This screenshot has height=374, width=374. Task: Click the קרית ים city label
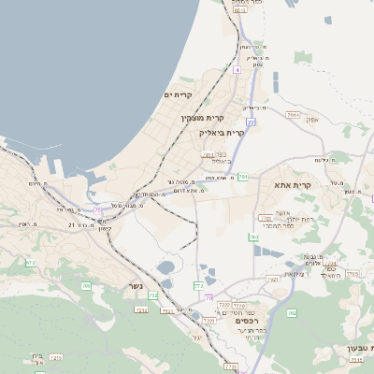pos(178,95)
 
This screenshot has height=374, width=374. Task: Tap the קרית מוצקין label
pos(209,118)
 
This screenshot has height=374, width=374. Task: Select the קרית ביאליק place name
pos(222,133)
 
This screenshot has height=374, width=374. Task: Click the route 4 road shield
pos(237,70)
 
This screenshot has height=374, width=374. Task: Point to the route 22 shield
pos(251,122)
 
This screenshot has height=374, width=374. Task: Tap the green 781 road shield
pos(243,177)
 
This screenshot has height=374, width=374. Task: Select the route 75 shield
pos(97,209)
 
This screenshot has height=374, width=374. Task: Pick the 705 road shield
pos(87,285)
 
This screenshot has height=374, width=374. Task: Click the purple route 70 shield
pos(209,296)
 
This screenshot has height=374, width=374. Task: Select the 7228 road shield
pos(224,305)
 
